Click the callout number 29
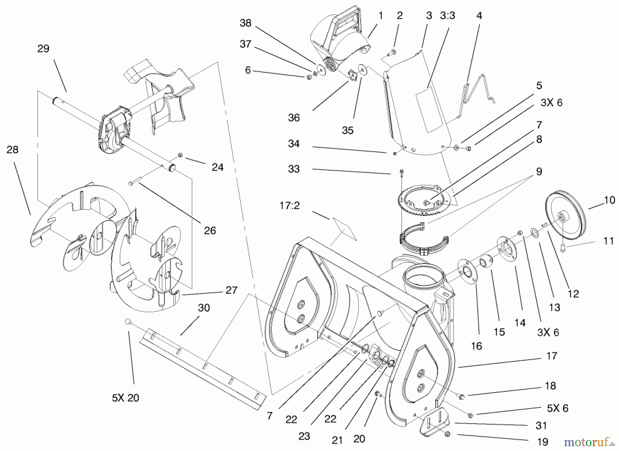pos(43,49)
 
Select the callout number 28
pos(12,150)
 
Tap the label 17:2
pos(290,206)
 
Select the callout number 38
pos(246,23)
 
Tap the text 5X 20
pos(125,398)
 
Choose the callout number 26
pos(210,230)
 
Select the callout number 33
pos(294,169)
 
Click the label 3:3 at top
pos(447,16)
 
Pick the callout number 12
pos(573,294)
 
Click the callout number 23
pos(304,436)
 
